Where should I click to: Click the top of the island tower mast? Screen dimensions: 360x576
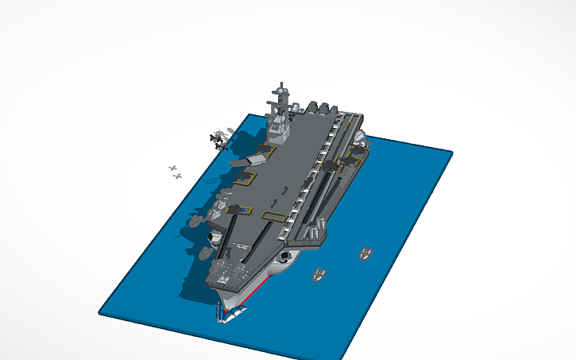coord(280,83)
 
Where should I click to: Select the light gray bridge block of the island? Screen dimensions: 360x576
coord(278,126)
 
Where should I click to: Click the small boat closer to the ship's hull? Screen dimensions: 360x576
coord(319,276)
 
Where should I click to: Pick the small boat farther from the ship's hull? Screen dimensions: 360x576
coord(365,254)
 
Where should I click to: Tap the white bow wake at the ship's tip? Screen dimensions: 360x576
coord(229,317)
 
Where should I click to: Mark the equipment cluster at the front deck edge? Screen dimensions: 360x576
coord(226,273)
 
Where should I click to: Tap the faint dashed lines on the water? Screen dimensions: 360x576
coord(211,182)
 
